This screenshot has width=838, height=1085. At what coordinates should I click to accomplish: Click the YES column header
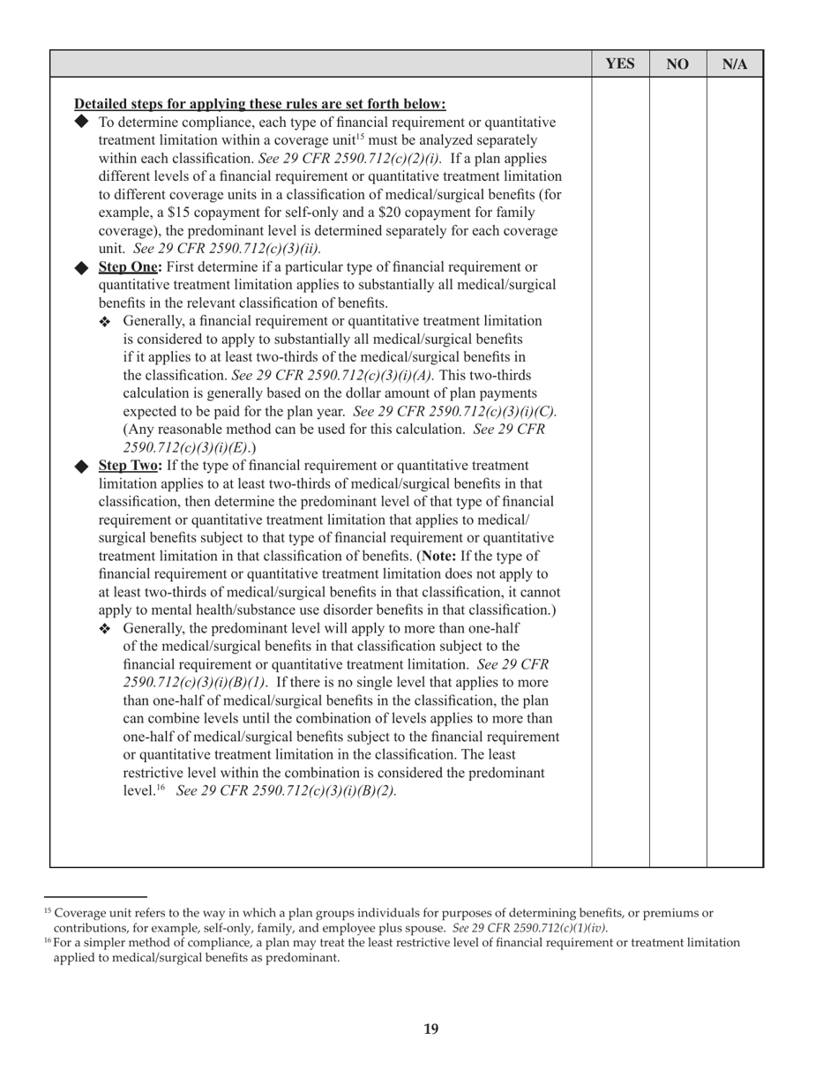(x=620, y=64)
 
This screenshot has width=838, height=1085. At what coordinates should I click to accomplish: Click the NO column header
(x=677, y=64)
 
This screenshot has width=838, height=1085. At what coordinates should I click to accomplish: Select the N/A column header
(x=735, y=64)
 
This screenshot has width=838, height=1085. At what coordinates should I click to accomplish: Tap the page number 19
(x=430, y=1029)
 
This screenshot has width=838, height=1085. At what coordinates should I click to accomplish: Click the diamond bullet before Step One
(x=82, y=267)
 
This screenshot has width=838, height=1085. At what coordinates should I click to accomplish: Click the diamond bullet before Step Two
(x=82, y=465)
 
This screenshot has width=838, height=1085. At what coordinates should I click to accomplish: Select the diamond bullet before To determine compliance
(x=82, y=122)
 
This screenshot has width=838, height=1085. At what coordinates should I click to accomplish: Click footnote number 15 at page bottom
(x=47, y=910)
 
